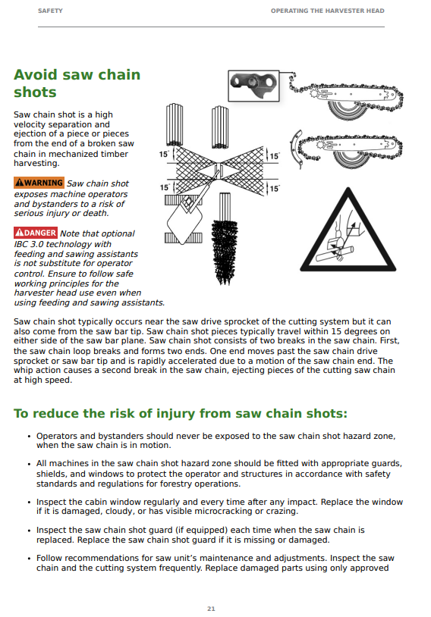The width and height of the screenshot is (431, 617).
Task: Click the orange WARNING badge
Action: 39,183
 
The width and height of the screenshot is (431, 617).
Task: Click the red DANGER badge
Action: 36,233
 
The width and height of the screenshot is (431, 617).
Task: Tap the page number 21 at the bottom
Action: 211,609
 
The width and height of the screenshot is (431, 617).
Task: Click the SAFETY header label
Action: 50,11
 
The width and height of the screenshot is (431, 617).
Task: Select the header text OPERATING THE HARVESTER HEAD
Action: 327,11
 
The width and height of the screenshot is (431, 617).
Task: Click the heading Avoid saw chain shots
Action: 77,83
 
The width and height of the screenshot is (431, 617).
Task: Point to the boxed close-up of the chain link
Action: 253,86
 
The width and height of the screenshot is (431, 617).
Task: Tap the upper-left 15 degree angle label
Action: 164,155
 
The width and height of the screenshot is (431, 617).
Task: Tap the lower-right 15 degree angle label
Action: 274,189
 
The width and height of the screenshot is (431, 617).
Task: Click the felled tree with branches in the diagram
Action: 225,238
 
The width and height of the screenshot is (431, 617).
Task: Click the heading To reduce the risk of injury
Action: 181,413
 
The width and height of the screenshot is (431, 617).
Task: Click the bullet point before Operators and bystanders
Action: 29,437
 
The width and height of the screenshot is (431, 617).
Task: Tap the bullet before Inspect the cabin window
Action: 29,503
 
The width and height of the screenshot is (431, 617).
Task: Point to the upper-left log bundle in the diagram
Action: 174,125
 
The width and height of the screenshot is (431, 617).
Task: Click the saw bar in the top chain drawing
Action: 354,95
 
